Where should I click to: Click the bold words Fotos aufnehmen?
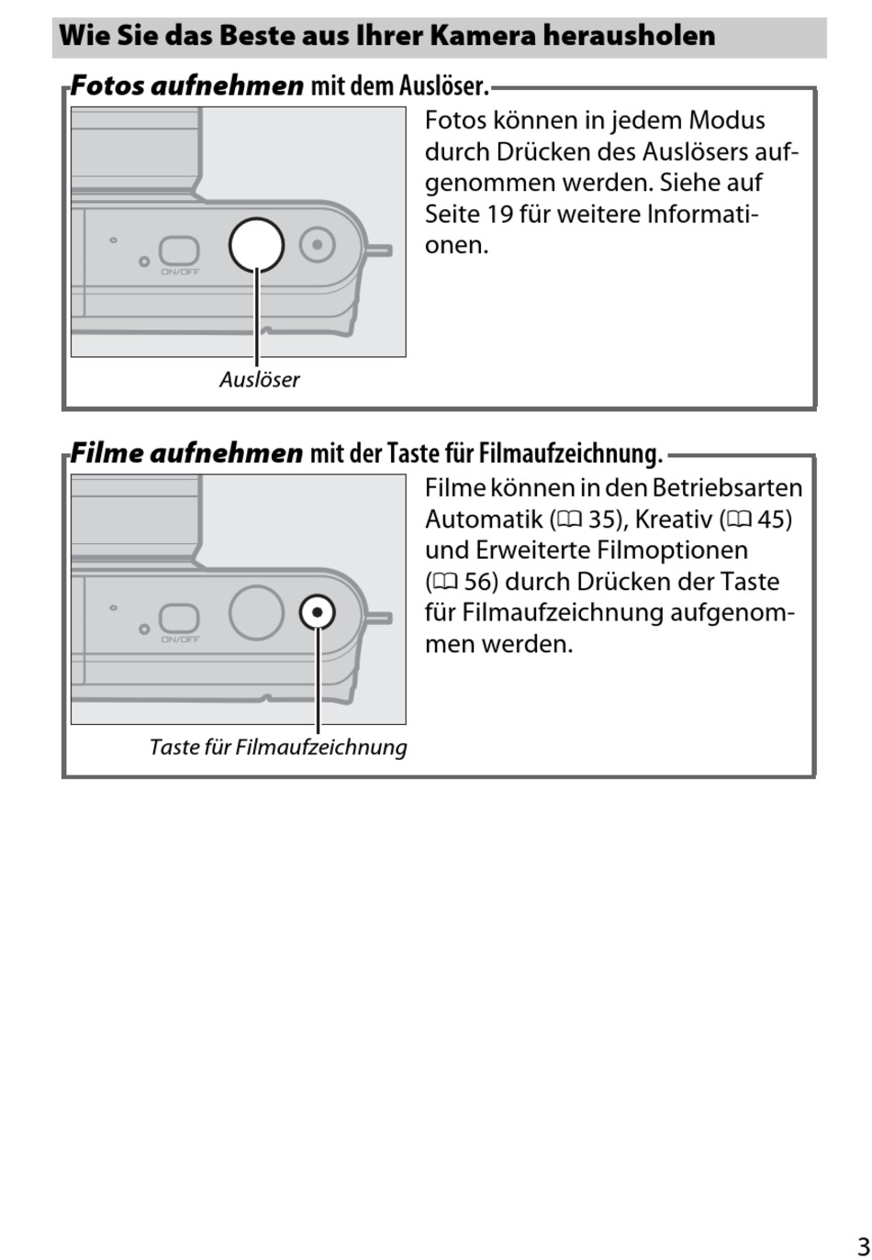click(x=186, y=86)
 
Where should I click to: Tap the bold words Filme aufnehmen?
click(x=186, y=453)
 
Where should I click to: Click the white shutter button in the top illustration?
click(x=256, y=245)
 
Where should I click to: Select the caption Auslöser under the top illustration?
click(x=259, y=380)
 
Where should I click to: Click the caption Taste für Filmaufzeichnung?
click(x=278, y=747)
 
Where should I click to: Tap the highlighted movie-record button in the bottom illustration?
click(x=318, y=612)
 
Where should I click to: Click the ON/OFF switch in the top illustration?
click(x=179, y=251)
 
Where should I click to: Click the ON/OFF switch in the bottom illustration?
click(x=179, y=618)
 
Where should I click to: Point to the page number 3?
click(x=863, y=1246)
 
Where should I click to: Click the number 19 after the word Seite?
click(x=499, y=214)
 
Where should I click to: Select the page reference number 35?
click(x=603, y=519)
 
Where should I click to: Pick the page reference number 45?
click(x=773, y=519)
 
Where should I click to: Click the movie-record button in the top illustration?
click(x=318, y=245)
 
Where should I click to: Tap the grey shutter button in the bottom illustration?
click(x=256, y=612)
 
